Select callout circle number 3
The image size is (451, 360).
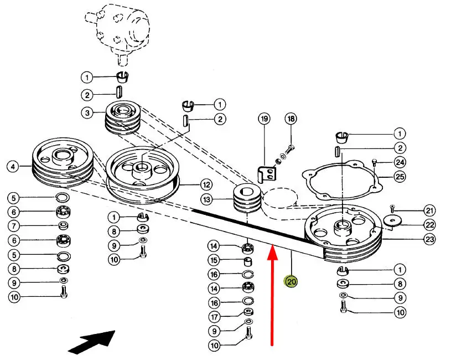pos(87,113)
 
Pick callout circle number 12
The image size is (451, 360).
pos(206,185)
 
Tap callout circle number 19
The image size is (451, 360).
pos(264,119)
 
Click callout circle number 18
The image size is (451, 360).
pos(291,119)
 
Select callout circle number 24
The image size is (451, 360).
pos(400,162)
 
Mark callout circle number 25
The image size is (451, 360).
pos(400,177)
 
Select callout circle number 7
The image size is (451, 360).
pos(13,226)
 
